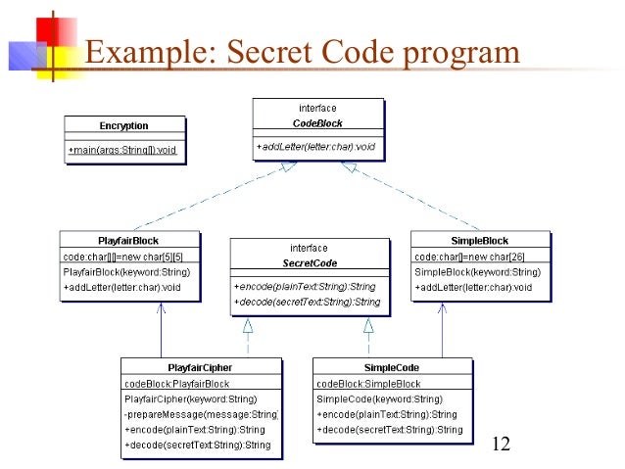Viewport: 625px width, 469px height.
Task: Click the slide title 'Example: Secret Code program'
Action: click(300, 52)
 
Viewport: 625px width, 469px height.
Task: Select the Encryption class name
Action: click(123, 126)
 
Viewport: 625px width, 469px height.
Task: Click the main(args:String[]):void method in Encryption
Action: click(125, 150)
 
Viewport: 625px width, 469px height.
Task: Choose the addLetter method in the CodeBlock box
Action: click(315, 147)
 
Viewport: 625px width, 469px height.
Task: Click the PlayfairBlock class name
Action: click(127, 241)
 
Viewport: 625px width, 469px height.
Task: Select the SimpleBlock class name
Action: click(480, 241)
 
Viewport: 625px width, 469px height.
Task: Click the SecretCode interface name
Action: click(309, 263)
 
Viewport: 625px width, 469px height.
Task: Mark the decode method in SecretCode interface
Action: click(307, 302)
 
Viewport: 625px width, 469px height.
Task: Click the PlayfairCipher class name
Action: click(200, 368)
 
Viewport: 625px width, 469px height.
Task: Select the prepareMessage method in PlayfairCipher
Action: click(201, 414)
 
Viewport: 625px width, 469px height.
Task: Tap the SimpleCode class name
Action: click(392, 368)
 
